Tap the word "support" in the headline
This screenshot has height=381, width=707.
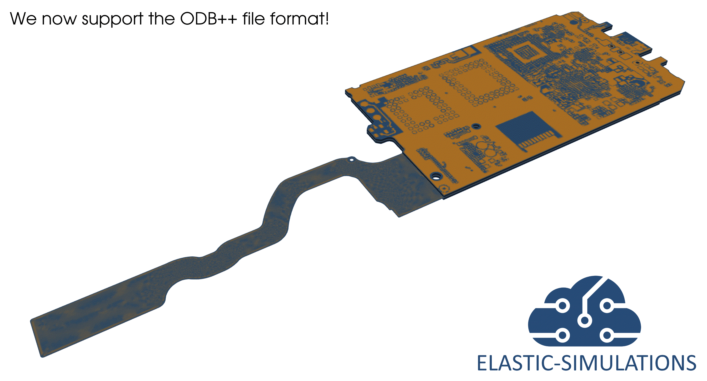(113, 20)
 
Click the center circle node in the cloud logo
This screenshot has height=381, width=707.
(585, 320)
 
